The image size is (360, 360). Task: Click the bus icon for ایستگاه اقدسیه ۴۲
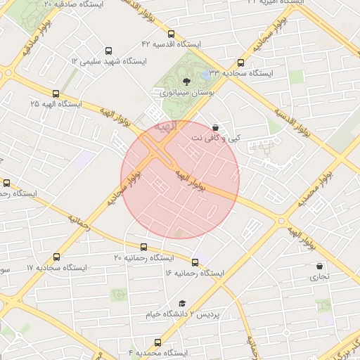coord(171,34)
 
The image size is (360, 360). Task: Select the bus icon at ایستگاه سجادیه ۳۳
coord(240,63)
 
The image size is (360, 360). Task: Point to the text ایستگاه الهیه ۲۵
coord(56,103)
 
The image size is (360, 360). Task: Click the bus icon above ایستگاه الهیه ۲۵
coord(56,93)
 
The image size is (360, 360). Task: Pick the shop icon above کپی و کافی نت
coord(214,128)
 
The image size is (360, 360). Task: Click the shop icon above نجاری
coord(320,266)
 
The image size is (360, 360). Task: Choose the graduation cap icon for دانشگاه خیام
coord(181,303)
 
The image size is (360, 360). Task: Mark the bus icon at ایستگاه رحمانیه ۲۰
coord(144,247)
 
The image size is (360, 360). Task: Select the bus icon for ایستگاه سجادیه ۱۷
coord(56,257)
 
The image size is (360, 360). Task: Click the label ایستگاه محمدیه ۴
coord(157,352)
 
